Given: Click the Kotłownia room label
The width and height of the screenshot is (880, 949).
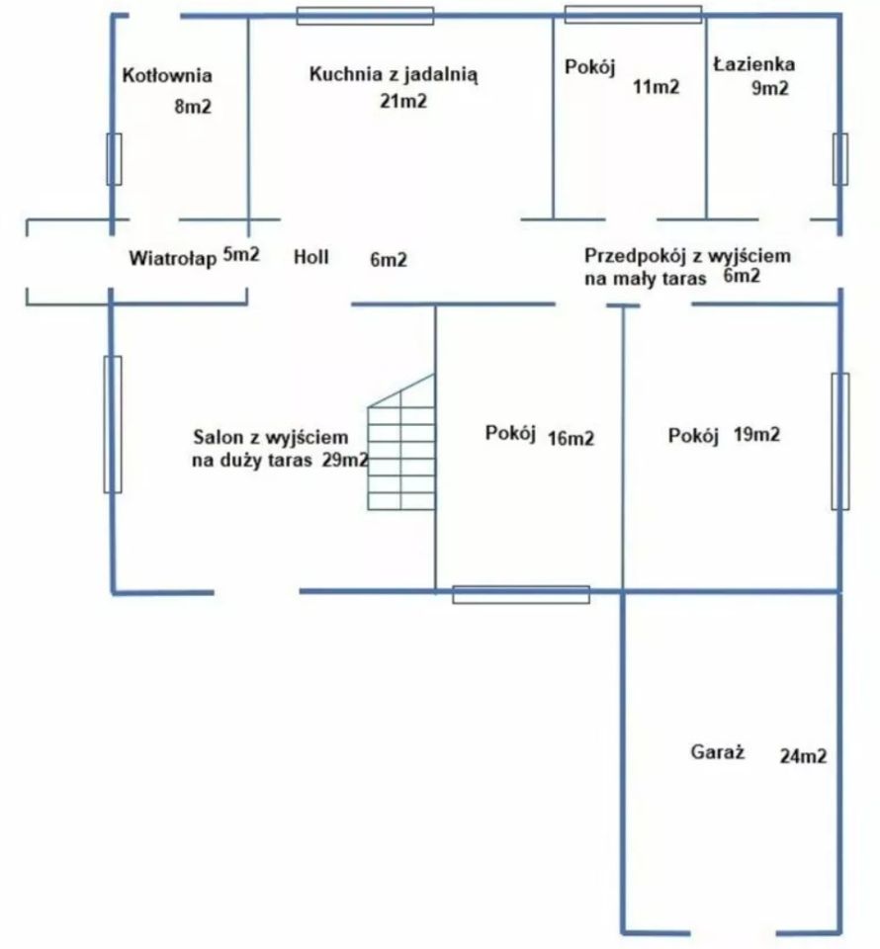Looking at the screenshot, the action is coord(167,75).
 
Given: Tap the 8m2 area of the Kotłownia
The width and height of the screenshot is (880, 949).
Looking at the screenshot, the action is coord(193,107).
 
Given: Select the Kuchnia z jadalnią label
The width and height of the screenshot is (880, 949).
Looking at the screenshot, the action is coord(394,74).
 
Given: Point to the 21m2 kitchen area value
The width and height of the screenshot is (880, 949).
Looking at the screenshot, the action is coord(403,101).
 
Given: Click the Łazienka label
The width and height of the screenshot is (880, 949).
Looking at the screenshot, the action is coord(753,63).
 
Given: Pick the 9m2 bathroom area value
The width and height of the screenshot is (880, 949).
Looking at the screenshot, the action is coord(770,88).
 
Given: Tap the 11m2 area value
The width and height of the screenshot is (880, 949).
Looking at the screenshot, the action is coord(657,87).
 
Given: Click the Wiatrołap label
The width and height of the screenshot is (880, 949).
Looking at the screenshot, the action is coord(172,258).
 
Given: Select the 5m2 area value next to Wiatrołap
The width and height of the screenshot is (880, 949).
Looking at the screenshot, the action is coord(241,254).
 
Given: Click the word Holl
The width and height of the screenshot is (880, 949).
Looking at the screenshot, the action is coord(311,257).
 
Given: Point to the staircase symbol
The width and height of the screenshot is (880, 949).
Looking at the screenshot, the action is coord(401,443).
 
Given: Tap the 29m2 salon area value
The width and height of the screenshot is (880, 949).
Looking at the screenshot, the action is coord(344,460).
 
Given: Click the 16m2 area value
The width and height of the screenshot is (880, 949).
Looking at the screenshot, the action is coord(571,438).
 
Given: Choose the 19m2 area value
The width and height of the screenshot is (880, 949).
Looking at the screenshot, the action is coord(756,434).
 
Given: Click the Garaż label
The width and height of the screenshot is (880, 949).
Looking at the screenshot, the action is coord(717,752).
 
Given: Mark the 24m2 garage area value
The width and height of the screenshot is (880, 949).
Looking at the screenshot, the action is coord(803,756).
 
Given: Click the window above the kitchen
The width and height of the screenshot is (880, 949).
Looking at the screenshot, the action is coord(365,16).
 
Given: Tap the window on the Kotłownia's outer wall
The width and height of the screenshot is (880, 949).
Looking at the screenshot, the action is coord(114,159).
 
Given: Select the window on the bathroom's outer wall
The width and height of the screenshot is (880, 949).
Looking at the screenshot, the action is coord(840,159).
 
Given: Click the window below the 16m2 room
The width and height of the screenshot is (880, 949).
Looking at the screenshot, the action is coord(521,594).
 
